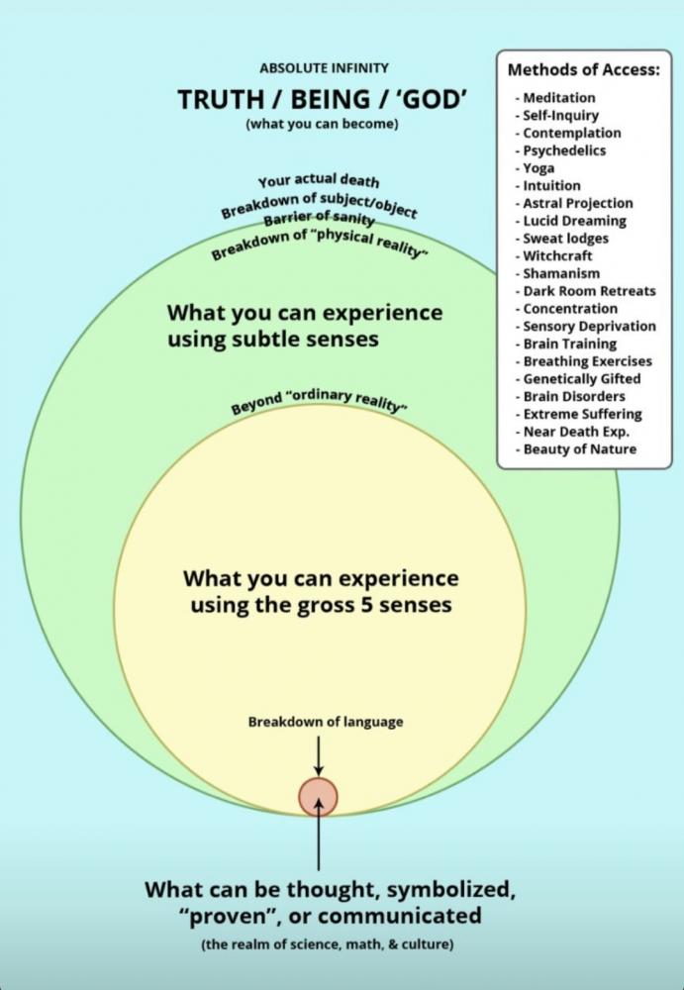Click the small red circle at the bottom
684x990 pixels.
point(318,796)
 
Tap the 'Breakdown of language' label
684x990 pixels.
point(325,722)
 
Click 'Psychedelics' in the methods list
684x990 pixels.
point(564,150)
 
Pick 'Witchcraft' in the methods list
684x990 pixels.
point(557,255)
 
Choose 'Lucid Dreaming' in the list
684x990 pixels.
point(574,221)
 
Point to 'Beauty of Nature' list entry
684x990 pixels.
point(580,449)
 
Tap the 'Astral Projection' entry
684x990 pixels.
point(578,203)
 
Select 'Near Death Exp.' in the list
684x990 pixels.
point(576,432)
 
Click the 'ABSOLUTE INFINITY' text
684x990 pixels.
point(324,68)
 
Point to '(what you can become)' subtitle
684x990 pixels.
point(324,126)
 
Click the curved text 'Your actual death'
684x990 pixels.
point(319,181)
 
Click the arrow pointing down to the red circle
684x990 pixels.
point(318,758)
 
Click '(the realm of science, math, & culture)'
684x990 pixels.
point(327,944)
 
